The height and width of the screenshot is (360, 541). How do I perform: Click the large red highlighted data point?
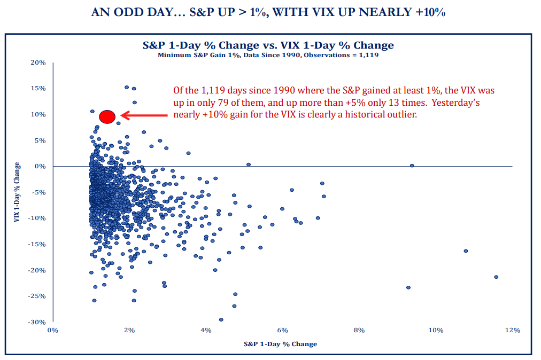coord(107,116)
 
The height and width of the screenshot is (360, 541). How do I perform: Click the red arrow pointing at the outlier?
coord(144,115)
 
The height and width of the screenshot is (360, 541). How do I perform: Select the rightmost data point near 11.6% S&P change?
coord(496,277)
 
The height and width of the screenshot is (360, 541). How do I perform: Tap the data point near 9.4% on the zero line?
coord(412,166)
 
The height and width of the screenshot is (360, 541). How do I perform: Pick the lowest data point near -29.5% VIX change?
coord(221,319)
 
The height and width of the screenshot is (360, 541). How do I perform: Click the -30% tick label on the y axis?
coord(37,322)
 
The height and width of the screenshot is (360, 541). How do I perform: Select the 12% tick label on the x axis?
coord(512,330)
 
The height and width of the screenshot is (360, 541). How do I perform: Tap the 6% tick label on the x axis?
coord(282,330)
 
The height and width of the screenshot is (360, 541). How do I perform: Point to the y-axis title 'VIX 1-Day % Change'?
coord(18,192)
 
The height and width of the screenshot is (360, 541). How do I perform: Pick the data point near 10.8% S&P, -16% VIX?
coord(466,251)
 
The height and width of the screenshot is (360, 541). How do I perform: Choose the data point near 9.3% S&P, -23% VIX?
coord(408,287)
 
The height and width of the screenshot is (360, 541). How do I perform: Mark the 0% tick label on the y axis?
coord(41,166)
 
